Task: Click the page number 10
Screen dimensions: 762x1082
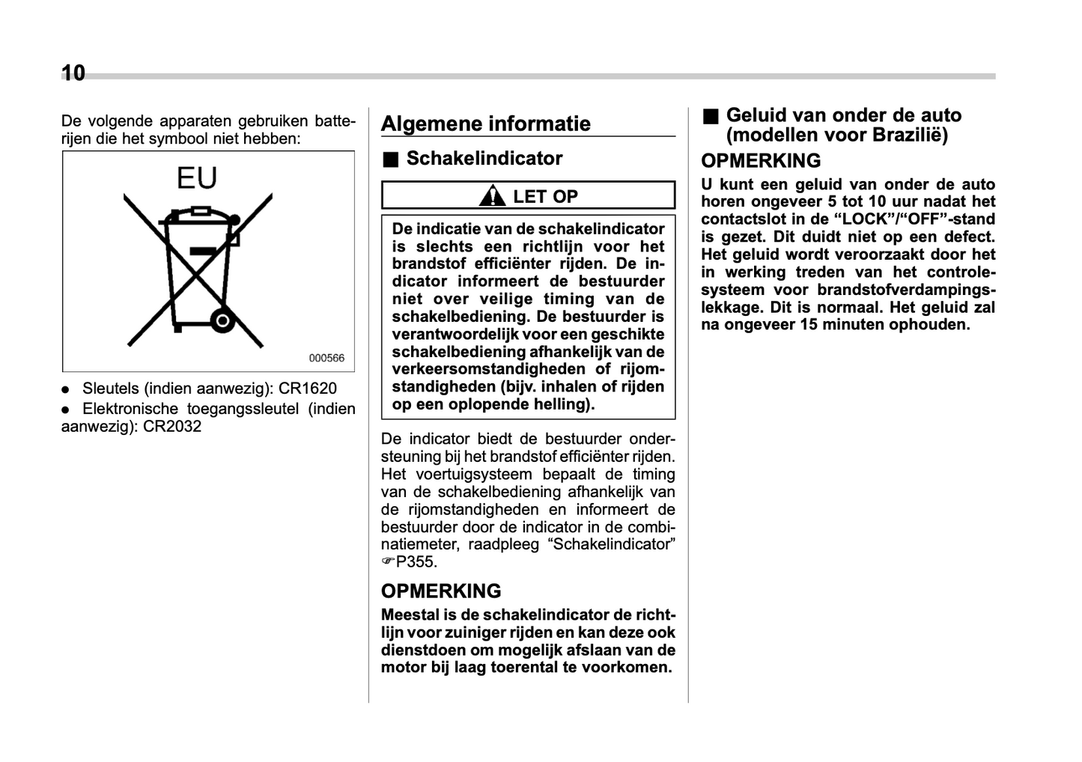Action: [73, 73]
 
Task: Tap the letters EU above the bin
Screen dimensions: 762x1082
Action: [197, 178]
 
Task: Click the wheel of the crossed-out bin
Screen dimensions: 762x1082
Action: [222, 321]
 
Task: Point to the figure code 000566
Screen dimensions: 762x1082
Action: [326, 359]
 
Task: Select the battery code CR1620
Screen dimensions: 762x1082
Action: [308, 388]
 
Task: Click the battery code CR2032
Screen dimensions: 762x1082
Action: [172, 427]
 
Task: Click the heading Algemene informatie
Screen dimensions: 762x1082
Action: [485, 124]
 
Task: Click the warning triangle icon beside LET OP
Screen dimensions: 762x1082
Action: [492, 196]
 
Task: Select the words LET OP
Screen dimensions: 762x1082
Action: [545, 197]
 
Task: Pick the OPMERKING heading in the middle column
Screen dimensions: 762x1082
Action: [441, 591]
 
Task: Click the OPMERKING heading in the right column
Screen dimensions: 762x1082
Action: [761, 161]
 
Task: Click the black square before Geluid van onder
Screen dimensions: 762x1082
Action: [710, 117]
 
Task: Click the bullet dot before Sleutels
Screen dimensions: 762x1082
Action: [66, 390]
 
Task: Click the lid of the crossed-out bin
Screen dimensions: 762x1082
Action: [198, 216]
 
